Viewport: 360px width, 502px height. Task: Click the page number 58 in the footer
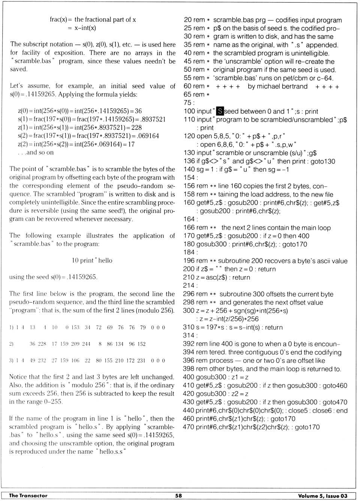[x=178, y=496]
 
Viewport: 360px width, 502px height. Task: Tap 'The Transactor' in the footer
[x=28, y=496]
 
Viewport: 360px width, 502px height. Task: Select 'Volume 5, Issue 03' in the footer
[x=322, y=496]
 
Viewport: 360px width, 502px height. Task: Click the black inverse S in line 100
[x=220, y=111]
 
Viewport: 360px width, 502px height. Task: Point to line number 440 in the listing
[x=188, y=411]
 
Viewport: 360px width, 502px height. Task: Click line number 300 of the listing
[x=188, y=311]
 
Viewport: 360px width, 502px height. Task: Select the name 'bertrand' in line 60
[x=295, y=87]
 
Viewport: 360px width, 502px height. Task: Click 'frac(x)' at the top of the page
[x=58, y=19]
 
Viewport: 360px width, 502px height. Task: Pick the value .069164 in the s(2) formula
[x=148, y=136]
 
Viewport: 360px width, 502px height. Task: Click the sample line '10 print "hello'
[x=92, y=261]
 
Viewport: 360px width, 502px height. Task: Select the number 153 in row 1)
[x=75, y=327]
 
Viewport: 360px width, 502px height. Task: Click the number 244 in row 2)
[x=86, y=344]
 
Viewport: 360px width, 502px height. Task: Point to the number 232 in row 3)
[x=42, y=360]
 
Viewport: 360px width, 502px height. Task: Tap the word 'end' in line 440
[x=342, y=411]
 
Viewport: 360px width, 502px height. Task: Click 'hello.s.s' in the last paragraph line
[x=112, y=452]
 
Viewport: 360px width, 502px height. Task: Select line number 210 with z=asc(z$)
[x=189, y=277]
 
